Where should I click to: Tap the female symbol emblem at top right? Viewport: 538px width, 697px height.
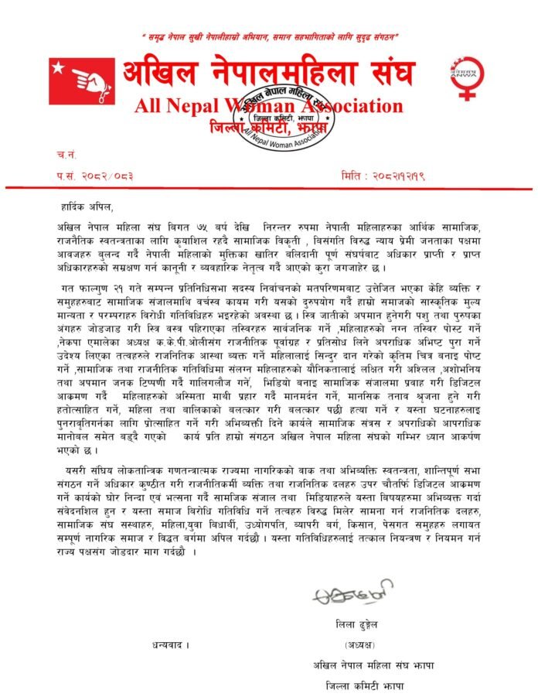coord(466,77)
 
